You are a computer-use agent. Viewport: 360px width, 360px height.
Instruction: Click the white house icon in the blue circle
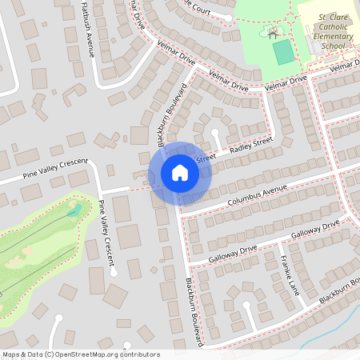pyautogui.click(x=179, y=173)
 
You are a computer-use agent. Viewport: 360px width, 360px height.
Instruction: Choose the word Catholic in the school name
pyautogui.click(x=328, y=26)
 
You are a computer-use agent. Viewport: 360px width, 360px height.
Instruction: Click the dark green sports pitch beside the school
pyautogui.click(x=283, y=53)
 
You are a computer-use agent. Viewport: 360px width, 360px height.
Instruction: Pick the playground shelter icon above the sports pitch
pyautogui.click(x=274, y=34)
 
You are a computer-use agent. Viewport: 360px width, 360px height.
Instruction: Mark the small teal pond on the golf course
pyautogui.click(x=74, y=210)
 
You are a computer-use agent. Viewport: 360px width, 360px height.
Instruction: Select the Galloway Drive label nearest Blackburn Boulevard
pyautogui.click(x=232, y=250)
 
